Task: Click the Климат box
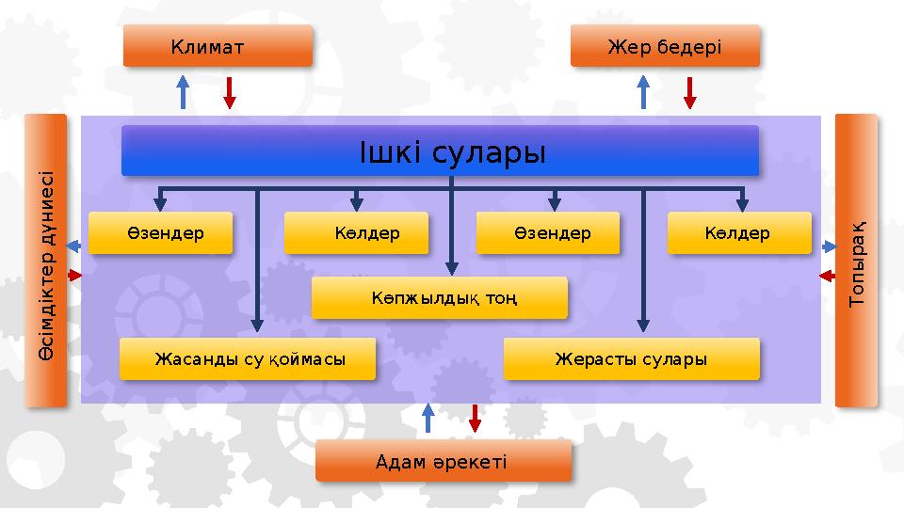tap(218, 46)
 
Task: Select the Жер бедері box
tap(665, 46)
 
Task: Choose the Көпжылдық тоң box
tap(440, 298)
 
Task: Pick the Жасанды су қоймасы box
tap(248, 359)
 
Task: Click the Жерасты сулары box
tap(631, 359)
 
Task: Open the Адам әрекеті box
tap(443, 461)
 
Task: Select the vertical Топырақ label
tap(856, 262)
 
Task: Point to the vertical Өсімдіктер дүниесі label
tap(46, 262)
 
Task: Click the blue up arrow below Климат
tap(184, 91)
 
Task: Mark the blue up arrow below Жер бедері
tap(643, 91)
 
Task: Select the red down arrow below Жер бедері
tap(689, 91)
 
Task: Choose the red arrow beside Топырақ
tap(827, 277)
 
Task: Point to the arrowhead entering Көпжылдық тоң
tap(453, 268)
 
